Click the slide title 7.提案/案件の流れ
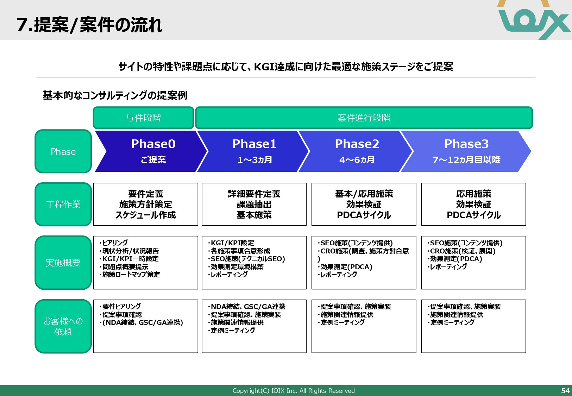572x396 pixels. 89,25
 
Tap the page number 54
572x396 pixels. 565,391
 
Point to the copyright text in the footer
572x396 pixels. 293,391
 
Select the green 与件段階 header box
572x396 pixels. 143,118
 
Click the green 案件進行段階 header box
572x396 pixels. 364,118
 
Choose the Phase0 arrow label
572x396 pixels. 153,144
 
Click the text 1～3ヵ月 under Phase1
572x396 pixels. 254,160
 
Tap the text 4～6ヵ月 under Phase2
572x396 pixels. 357,160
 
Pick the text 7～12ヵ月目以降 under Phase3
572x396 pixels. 466,160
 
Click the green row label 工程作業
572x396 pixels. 63,205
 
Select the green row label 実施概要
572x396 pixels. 63,263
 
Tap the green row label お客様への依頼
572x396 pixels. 63,326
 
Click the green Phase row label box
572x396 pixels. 63,152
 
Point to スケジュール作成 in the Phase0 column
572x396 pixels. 145,215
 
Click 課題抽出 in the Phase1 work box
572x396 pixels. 254,205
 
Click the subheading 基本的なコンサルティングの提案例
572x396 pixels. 115,95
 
